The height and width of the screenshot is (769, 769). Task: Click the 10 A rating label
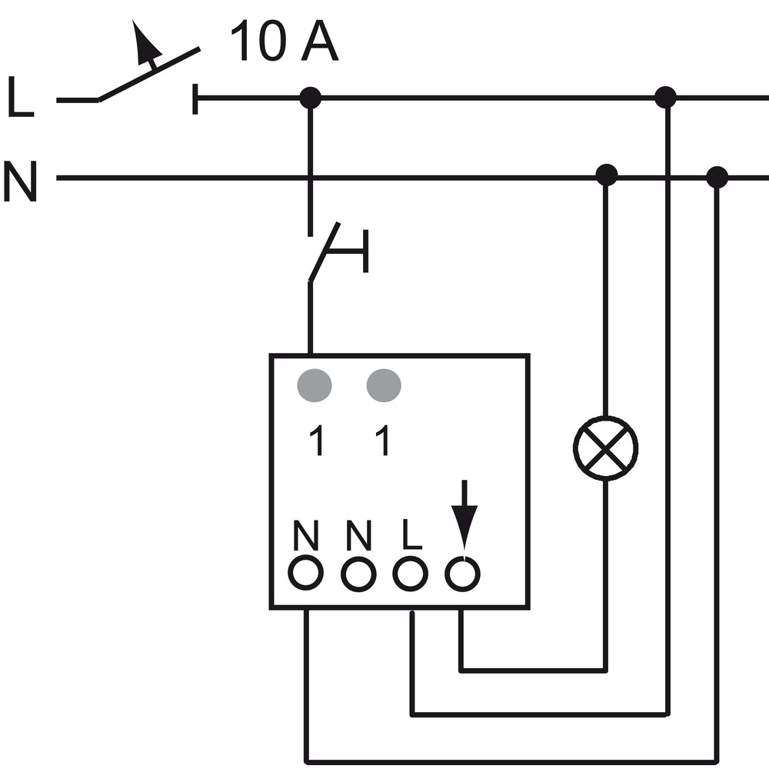(x=285, y=42)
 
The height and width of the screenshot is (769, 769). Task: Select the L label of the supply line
(x=21, y=97)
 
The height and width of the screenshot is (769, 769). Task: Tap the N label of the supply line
(x=20, y=181)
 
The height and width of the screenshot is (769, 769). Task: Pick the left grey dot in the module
(x=315, y=385)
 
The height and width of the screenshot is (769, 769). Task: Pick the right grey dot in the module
(x=384, y=385)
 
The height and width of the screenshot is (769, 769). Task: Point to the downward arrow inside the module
(x=464, y=515)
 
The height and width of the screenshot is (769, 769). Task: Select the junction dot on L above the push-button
(x=311, y=98)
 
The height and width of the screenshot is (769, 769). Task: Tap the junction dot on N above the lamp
(x=606, y=175)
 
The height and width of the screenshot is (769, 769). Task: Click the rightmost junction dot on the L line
(x=665, y=97)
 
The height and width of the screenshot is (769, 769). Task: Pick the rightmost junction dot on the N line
(x=717, y=177)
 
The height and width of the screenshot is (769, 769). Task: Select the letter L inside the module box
(x=411, y=534)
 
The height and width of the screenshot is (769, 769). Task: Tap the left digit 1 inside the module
(x=317, y=440)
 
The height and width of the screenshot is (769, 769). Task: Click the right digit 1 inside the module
(x=382, y=440)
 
